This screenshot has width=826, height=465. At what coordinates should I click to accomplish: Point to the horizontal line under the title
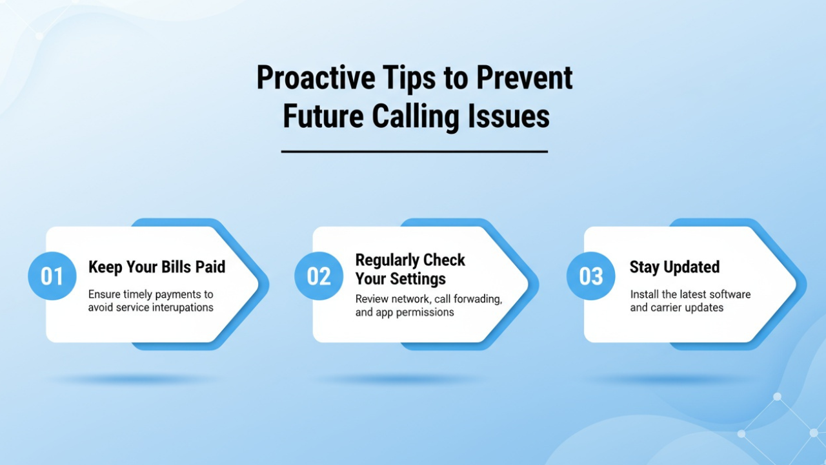[x=414, y=152]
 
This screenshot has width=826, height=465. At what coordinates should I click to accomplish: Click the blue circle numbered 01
[x=52, y=276]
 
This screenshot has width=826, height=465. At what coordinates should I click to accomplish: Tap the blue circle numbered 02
[x=318, y=276]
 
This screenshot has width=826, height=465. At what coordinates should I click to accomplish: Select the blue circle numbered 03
[x=590, y=276]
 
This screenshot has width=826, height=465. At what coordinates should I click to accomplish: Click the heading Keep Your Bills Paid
[x=157, y=267]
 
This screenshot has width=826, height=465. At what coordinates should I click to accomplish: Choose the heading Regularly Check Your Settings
[x=410, y=269]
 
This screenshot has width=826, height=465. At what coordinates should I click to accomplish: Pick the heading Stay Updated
[x=674, y=267]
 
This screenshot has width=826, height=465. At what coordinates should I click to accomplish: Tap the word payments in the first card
[x=179, y=294]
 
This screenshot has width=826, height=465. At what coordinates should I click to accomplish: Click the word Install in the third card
[x=644, y=294]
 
